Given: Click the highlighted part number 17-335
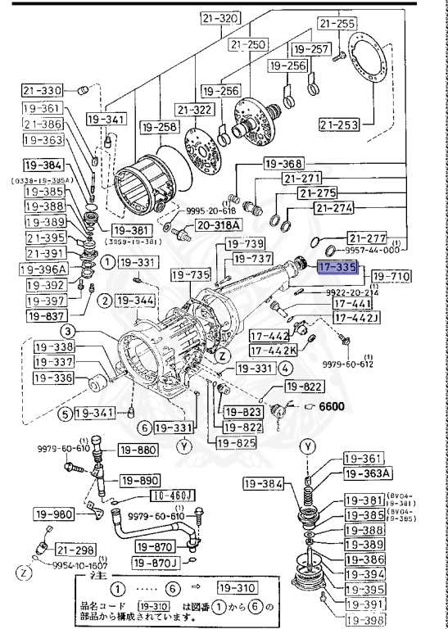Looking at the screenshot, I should (337, 267).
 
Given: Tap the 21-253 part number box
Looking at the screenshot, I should (339, 124).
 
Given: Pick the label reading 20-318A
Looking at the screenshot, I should (217, 224).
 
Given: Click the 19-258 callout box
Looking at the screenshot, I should (159, 127).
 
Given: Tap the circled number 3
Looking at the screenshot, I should (69, 331).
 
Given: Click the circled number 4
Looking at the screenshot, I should (287, 369).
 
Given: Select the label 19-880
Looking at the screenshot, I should (137, 450).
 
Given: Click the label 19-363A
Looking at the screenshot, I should (365, 473).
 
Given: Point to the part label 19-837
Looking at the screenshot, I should (44, 314).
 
